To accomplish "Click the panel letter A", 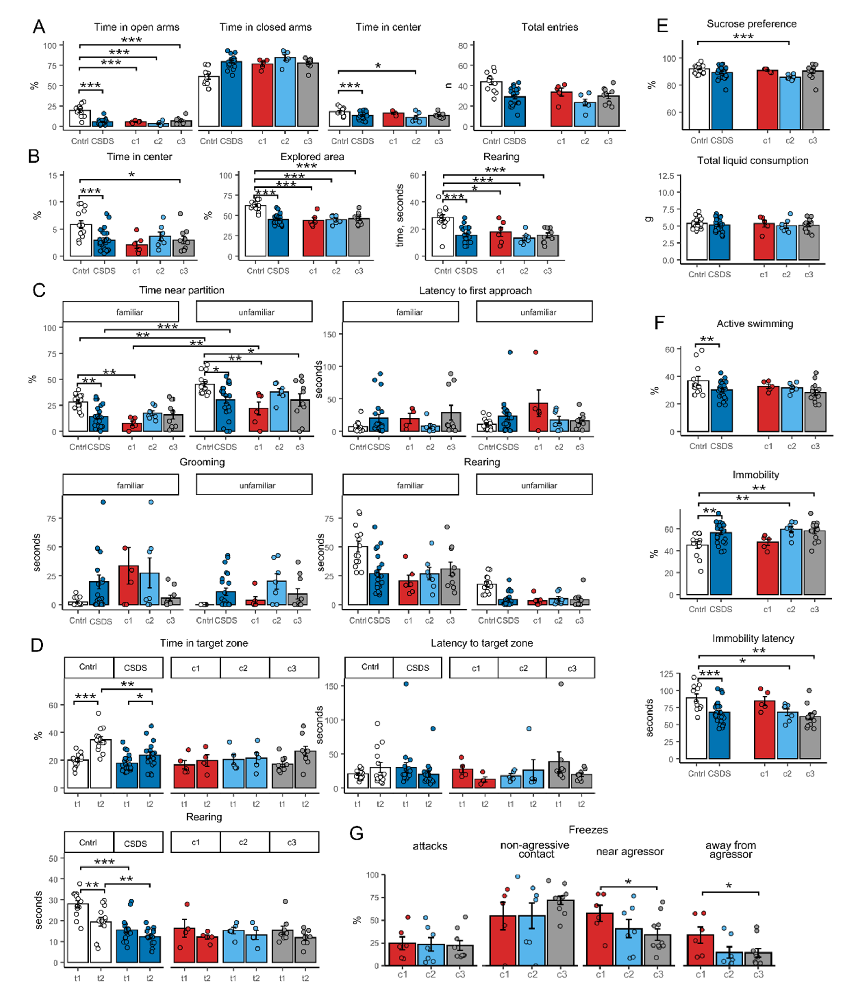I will (39, 27).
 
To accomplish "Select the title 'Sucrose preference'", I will (751, 24).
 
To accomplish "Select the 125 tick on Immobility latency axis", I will (666, 674).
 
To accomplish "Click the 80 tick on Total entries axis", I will (463, 45).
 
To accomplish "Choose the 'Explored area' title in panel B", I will (312, 157).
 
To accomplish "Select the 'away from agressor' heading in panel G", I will (730, 850).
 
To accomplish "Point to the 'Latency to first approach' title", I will (475, 290).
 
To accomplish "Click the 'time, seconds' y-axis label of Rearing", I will (400, 215).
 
